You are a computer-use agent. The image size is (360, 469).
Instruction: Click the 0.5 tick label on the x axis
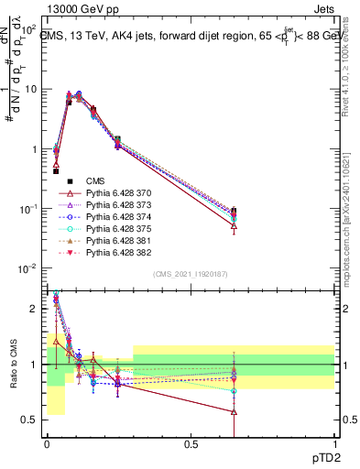tap(191, 442)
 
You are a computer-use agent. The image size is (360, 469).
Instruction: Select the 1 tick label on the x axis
tap(334, 442)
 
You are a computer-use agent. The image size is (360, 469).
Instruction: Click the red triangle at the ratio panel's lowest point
tap(234, 412)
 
